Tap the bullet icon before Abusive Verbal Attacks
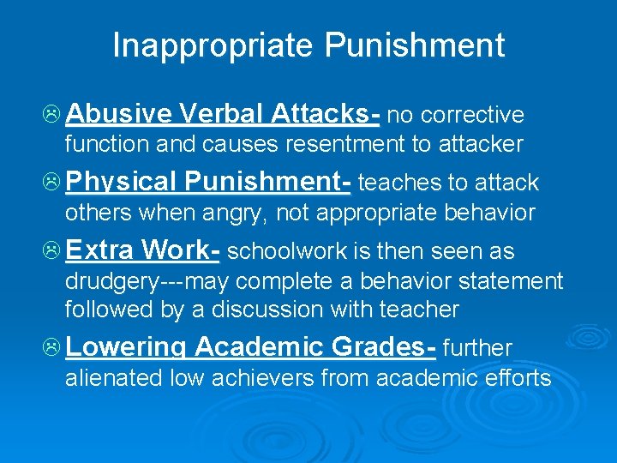(x=51, y=114)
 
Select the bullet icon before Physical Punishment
(x=51, y=182)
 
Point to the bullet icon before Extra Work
(x=51, y=250)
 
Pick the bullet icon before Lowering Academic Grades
(x=51, y=347)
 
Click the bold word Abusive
(x=118, y=114)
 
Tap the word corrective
(x=472, y=115)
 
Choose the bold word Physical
(x=119, y=183)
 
